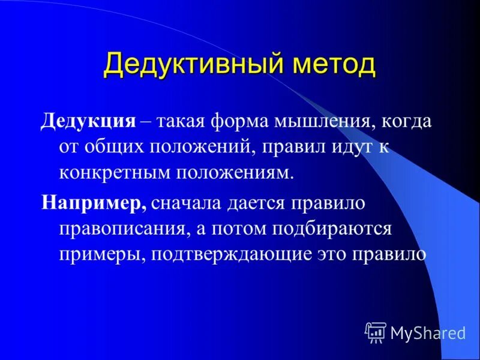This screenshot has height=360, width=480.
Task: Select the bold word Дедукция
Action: pyautogui.click(x=88, y=121)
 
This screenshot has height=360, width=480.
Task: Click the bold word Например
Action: pyautogui.click(x=94, y=202)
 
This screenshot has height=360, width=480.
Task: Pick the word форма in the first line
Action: pyautogui.click(x=238, y=121)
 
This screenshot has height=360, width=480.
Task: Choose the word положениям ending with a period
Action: pyautogui.click(x=236, y=173)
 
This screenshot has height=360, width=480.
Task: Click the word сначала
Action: pyautogui.click(x=186, y=202)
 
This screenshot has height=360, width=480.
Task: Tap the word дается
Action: pyautogui.click(x=259, y=202)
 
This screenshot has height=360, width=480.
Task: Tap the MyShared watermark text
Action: pyautogui.click(x=428, y=332)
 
